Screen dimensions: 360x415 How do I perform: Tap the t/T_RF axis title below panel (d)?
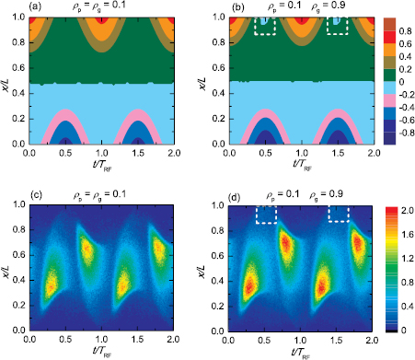point(301,352)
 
